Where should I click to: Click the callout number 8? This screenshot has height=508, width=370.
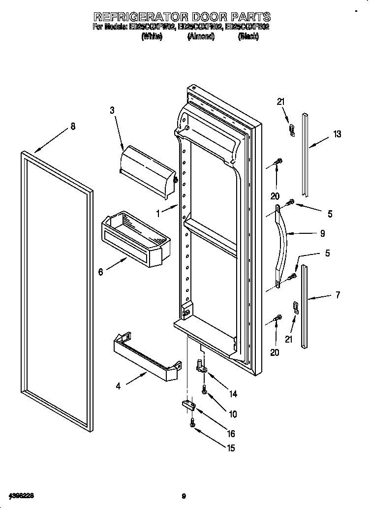73,127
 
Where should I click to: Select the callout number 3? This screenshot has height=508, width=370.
112,111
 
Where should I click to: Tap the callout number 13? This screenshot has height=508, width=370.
337,134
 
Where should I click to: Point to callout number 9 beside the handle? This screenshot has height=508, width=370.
322,234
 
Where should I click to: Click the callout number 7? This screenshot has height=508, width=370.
337,295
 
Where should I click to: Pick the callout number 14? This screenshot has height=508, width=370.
233,393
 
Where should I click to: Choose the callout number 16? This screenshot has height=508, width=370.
230,434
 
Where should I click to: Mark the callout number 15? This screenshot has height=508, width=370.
230,448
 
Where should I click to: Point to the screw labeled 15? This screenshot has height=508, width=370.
192,422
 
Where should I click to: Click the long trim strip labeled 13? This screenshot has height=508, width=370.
306,153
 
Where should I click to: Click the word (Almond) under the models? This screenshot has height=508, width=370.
201,37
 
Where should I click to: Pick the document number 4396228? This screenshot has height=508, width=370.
21,495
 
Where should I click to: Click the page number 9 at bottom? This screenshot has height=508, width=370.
183,496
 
